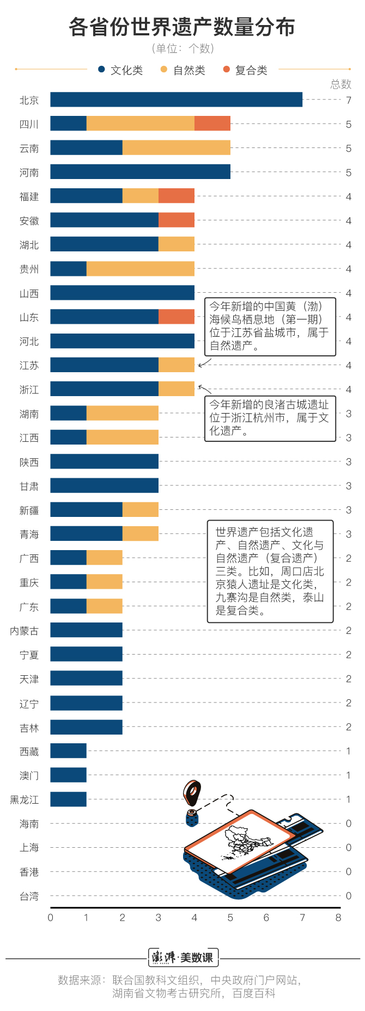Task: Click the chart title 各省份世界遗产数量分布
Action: pos(182,27)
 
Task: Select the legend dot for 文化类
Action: pos(101,70)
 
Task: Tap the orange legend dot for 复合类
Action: pos(227,70)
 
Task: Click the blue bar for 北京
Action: pos(176,100)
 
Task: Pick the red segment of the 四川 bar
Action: pos(212,124)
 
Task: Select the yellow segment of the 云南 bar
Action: pos(176,147)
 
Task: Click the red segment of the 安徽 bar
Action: pos(177,220)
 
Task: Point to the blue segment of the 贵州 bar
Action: pos(68,268)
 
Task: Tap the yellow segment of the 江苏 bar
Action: pos(177,365)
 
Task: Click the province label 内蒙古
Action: pos(25,631)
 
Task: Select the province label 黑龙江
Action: pos(25,799)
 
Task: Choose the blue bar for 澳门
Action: pos(68,775)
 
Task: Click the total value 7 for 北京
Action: pos(349,100)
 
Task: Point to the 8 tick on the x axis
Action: pos(338,917)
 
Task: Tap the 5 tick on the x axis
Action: pos(230,917)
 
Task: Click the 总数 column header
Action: pos(341,84)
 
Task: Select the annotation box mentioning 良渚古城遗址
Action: pos(270,418)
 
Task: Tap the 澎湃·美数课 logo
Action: pos(183,957)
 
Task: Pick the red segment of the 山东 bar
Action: pos(177,317)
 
